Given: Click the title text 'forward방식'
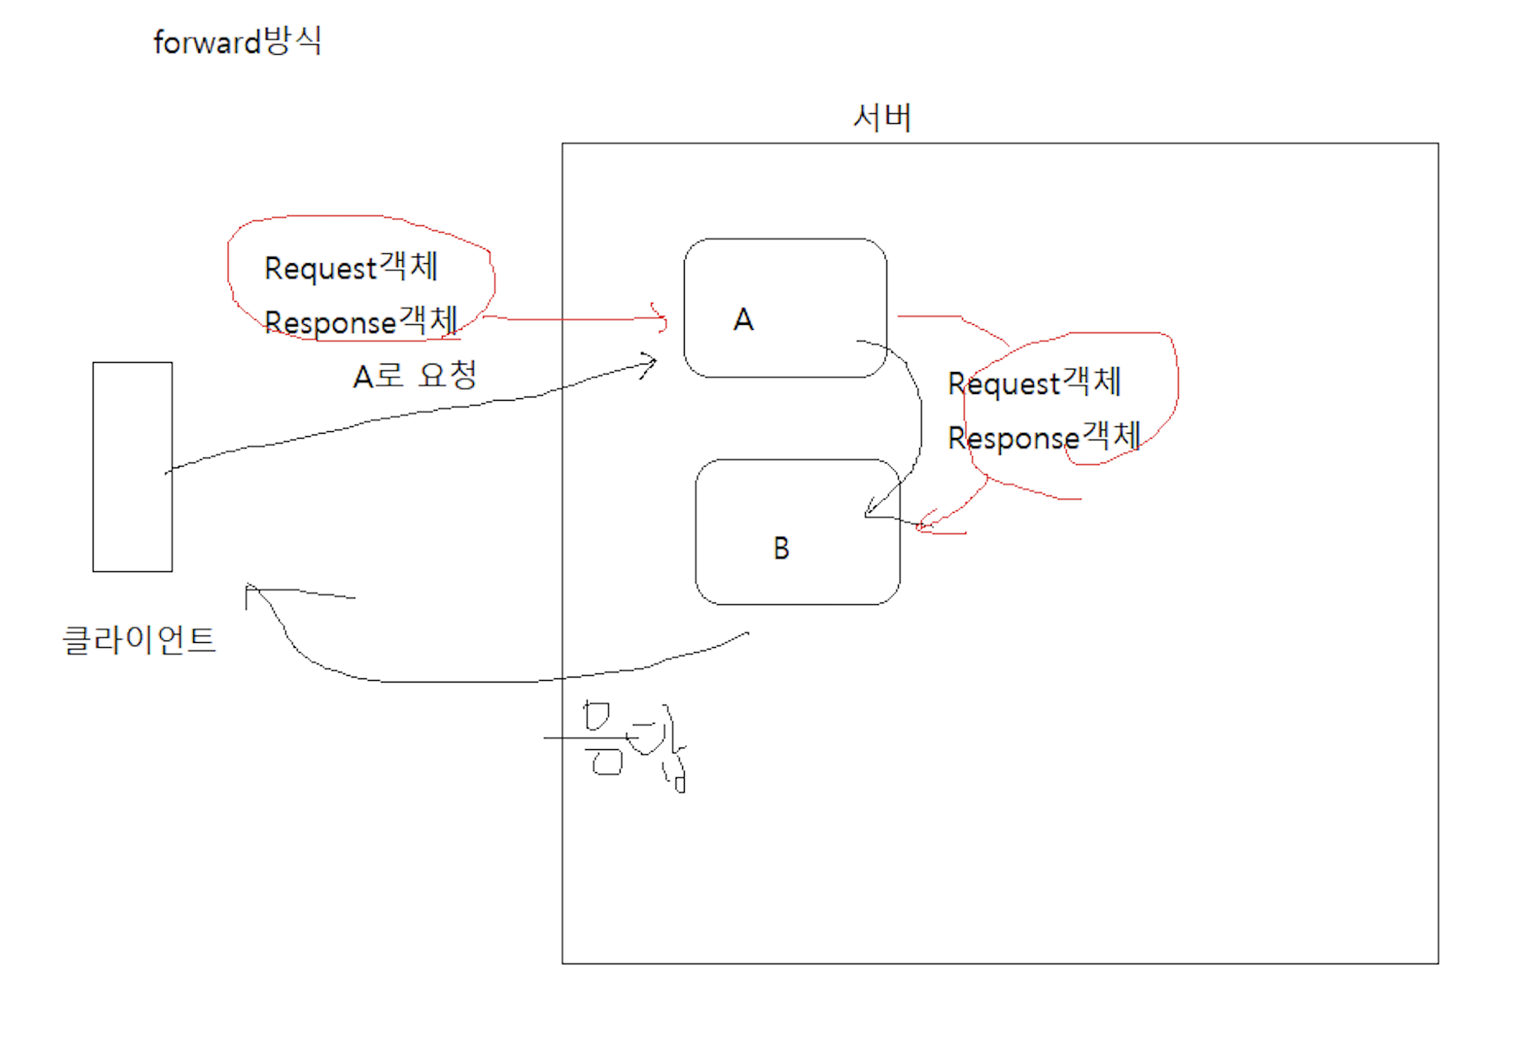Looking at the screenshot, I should pyautogui.click(x=237, y=41).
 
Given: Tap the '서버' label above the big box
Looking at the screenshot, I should pyautogui.click(x=882, y=117).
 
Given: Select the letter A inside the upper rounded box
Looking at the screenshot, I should pyautogui.click(x=743, y=320).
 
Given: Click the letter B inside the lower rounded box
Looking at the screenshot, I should pyautogui.click(x=781, y=548).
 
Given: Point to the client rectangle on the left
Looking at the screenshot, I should pyautogui.click(x=132, y=467).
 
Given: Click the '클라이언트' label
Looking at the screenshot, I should pyautogui.click(x=139, y=640).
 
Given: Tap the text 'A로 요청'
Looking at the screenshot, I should pyautogui.click(x=415, y=375).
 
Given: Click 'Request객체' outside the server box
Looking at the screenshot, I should pyautogui.click(x=351, y=267).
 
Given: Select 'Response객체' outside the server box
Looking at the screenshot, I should pyautogui.click(x=361, y=321).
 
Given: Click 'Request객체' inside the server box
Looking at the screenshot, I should pyautogui.click(x=1034, y=383).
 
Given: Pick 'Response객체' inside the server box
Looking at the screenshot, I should pyautogui.click(x=1044, y=437).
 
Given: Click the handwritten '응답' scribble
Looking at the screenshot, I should pyautogui.click(x=634, y=743).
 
